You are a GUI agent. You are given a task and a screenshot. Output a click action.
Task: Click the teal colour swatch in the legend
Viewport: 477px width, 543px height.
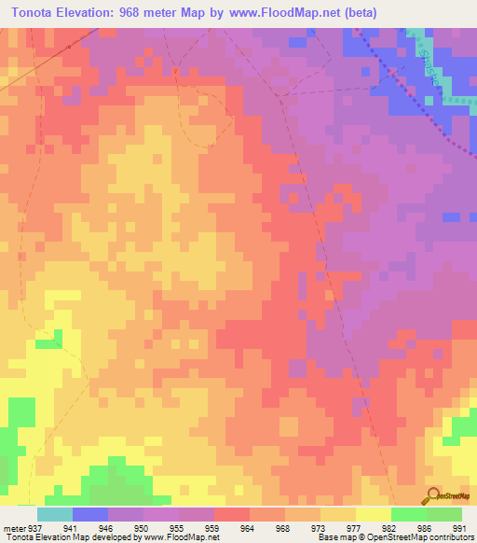(x=54, y=514)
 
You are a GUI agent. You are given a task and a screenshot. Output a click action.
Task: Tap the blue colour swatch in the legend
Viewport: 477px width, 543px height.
(x=89, y=514)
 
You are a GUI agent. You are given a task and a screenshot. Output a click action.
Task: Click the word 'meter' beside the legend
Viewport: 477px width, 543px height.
(x=14, y=527)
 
